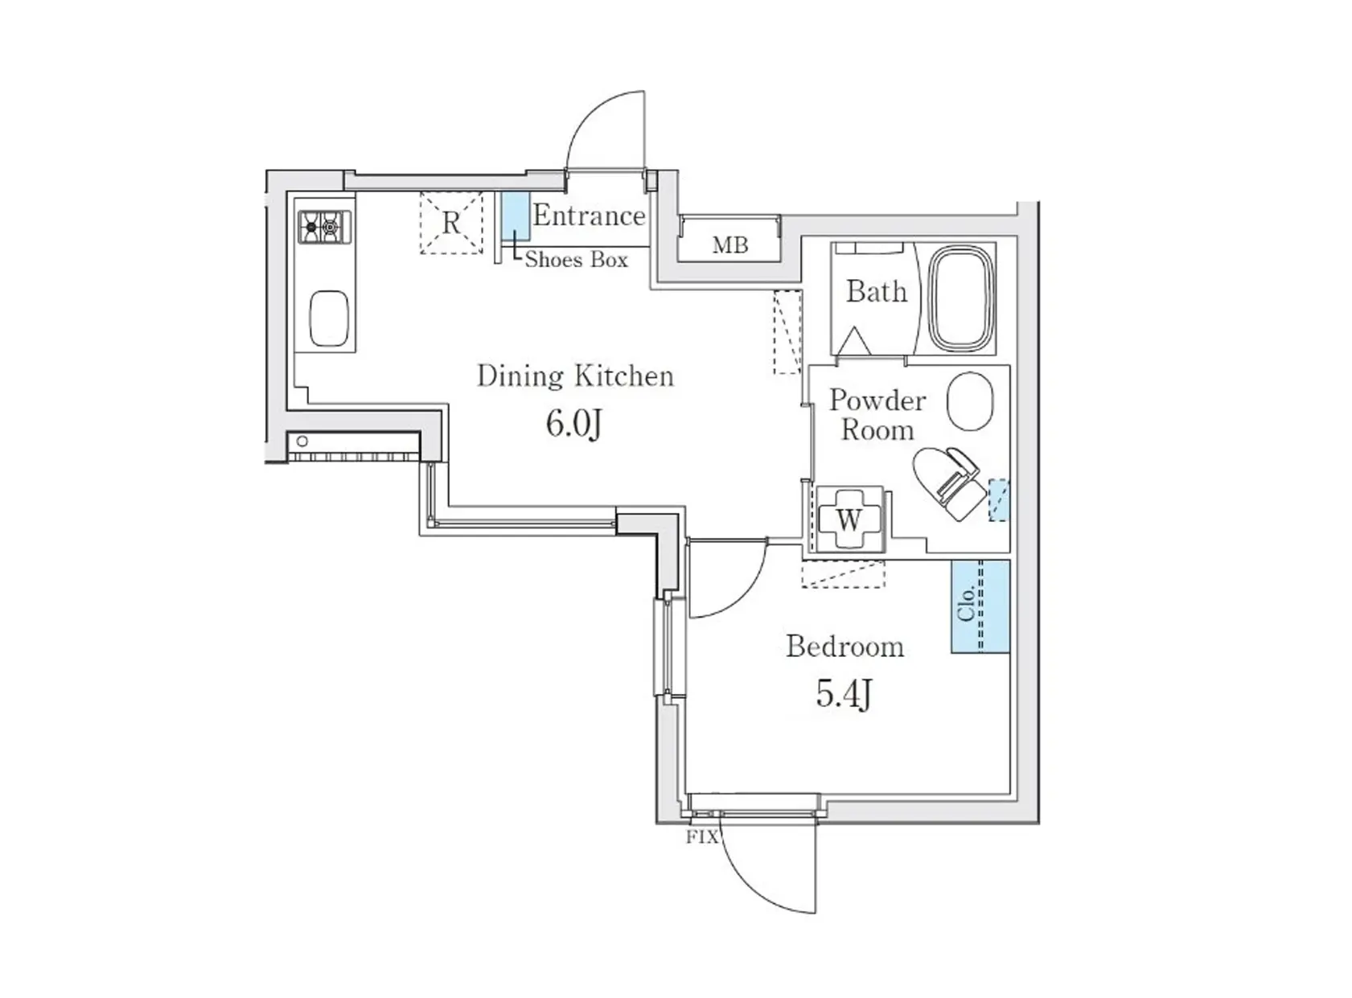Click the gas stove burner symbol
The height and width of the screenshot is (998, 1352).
324,228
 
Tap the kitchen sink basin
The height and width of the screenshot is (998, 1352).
329,319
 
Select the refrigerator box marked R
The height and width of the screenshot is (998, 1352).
451,223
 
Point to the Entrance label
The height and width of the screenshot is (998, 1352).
589,216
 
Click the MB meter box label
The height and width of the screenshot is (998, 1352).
730,245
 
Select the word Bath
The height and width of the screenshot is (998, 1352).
877,291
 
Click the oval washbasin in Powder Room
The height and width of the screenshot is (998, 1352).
970,401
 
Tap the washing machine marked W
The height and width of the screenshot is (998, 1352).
849,520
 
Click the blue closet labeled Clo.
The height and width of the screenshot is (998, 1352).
980,606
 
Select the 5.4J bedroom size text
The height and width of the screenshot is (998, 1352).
844,694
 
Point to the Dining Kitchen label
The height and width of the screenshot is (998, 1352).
575,376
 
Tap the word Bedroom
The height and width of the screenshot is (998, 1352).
844,647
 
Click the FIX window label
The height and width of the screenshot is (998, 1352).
702,837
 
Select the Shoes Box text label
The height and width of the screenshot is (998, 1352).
576,260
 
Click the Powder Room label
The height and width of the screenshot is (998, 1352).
877,415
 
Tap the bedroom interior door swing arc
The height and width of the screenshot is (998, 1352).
749,590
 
